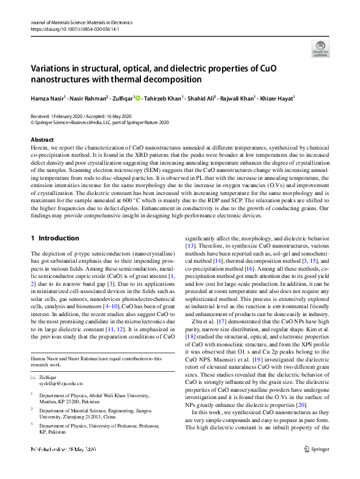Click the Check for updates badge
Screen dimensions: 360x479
click(319, 48)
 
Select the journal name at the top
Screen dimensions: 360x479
click(80, 22)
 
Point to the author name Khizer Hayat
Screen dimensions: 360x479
click(277, 98)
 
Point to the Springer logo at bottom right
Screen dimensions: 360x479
click(316, 467)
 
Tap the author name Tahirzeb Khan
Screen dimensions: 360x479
click(165, 98)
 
